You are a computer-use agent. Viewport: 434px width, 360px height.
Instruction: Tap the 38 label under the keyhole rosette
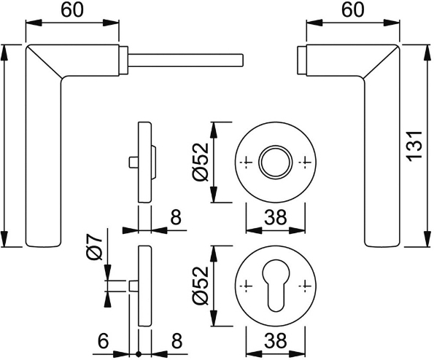(x=276, y=340)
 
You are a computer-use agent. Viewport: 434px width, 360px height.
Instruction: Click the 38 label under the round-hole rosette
(x=276, y=216)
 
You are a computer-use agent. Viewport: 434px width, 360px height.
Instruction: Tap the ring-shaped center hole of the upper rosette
(x=276, y=160)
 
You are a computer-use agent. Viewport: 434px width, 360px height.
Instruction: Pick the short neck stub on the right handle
(x=302, y=58)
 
